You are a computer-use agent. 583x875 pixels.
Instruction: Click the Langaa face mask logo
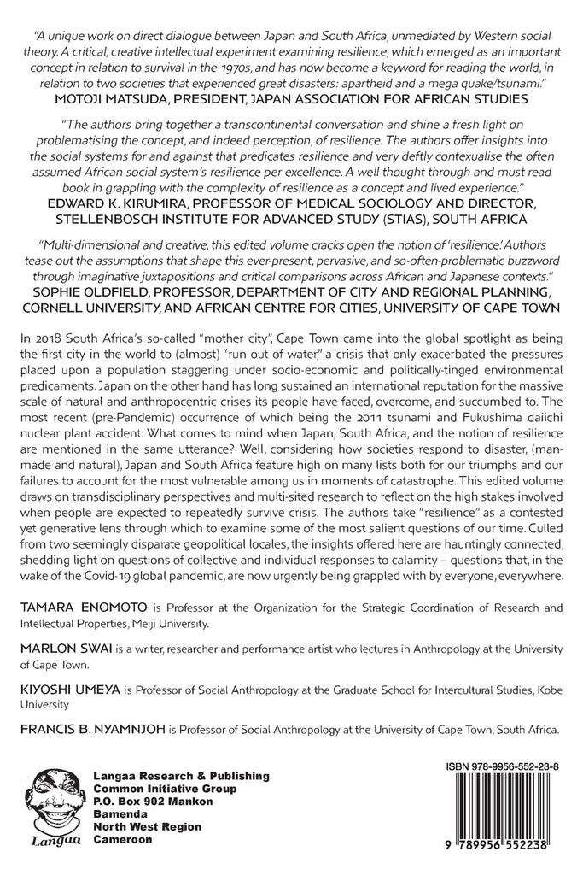coord(55,799)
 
